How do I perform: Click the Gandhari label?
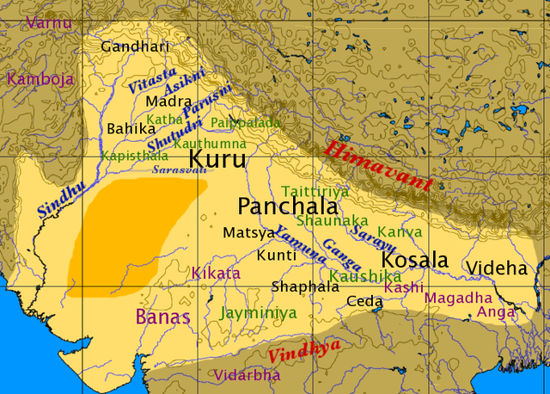135,47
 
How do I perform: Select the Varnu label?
49,22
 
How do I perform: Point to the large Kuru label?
217,160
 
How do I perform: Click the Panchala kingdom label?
280,206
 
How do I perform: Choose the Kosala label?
415,261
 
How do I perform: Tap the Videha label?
496,268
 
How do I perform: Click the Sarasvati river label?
180,170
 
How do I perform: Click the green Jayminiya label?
258,313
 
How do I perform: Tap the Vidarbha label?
247,376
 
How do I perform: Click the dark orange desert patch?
129,237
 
